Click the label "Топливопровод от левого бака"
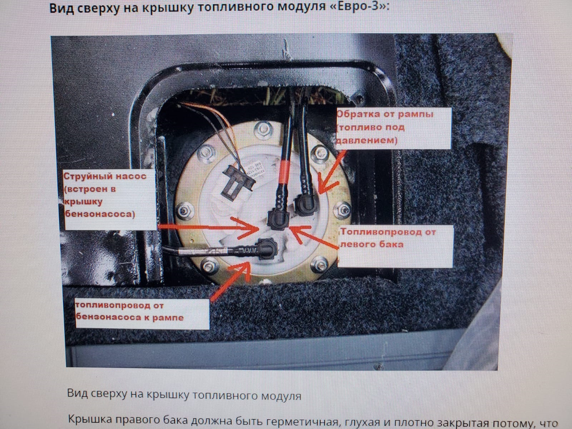tap(388, 238)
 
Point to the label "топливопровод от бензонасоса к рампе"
tap(129, 311)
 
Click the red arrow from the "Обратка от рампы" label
tap(331, 172)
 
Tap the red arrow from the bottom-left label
tap(231, 281)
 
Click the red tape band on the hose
tap(284, 172)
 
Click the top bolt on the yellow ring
tap(263, 129)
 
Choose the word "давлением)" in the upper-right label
tap(367, 140)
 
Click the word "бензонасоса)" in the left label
tap(100, 214)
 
